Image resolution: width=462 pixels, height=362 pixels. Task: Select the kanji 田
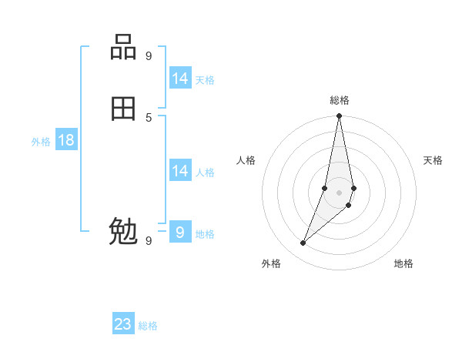coord(123,109)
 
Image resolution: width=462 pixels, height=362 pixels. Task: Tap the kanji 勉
coord(123,231)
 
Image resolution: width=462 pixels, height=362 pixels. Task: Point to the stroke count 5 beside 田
coord(149,117)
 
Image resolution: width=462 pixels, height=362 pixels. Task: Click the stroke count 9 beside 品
coord(149,55)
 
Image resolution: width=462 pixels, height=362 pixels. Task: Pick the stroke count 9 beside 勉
coord(149,240)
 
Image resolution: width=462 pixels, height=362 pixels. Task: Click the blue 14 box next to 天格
coord(180,79)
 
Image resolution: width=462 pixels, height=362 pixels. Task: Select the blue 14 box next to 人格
coord(180,171)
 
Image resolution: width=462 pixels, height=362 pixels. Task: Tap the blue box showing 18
coord(66,140)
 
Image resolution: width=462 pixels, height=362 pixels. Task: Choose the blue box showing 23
coord(123,324)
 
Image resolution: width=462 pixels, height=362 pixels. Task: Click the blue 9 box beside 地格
coord(180,232)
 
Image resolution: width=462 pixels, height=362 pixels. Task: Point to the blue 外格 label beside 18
coord(41,142)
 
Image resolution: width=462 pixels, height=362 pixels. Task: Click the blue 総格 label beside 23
coord(148,326)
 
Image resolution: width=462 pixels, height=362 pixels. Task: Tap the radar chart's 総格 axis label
coord(340,100)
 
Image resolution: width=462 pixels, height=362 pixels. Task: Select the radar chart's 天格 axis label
coord(433,160)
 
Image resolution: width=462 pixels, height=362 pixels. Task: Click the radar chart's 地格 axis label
coord(403,263)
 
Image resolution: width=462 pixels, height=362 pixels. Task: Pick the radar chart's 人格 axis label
coord(246,160)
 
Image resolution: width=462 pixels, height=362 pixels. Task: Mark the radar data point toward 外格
coord(303,243)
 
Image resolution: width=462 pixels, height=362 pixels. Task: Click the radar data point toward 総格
coord(339,116)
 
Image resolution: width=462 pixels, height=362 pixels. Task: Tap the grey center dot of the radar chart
coord(339,192)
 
